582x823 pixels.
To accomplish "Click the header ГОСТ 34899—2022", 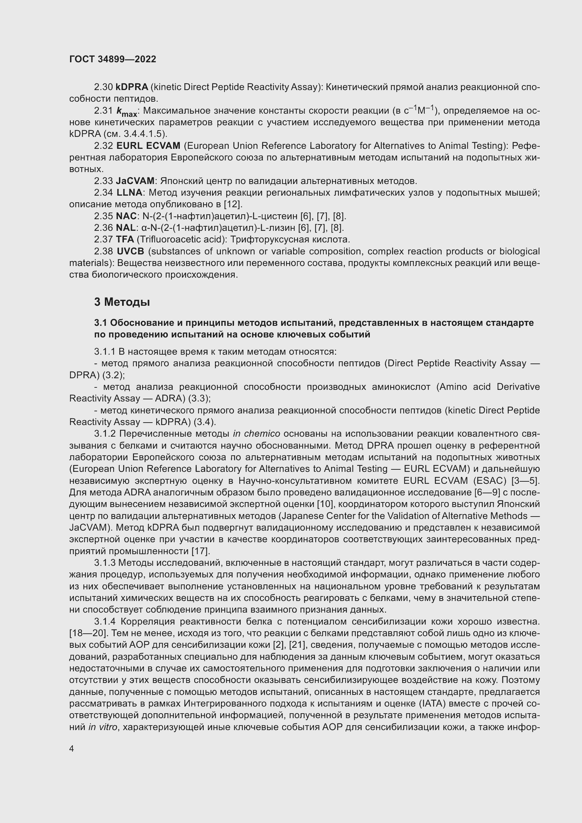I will (113, 59).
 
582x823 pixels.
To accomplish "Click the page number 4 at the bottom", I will (72, 748).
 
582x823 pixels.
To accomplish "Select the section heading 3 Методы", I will (122, 302).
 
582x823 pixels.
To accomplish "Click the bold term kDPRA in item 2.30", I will (132, 87).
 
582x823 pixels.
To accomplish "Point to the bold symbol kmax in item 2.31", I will (127, 112).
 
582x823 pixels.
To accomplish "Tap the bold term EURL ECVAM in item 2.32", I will (148, 146).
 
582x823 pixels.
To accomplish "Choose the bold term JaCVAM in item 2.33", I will (135, 181).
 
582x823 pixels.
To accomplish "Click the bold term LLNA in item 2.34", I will (129, 193).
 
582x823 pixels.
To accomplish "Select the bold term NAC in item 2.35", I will (126, 216).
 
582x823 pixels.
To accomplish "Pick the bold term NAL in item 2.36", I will (125, 228).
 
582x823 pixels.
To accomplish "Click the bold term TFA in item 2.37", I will (125, 240).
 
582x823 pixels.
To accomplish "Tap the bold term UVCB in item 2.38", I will (131, 251).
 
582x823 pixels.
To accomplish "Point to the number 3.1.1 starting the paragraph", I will (105, 352).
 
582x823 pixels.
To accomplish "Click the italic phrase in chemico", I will (256, 434).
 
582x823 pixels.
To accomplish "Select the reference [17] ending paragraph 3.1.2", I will (201, 551).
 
